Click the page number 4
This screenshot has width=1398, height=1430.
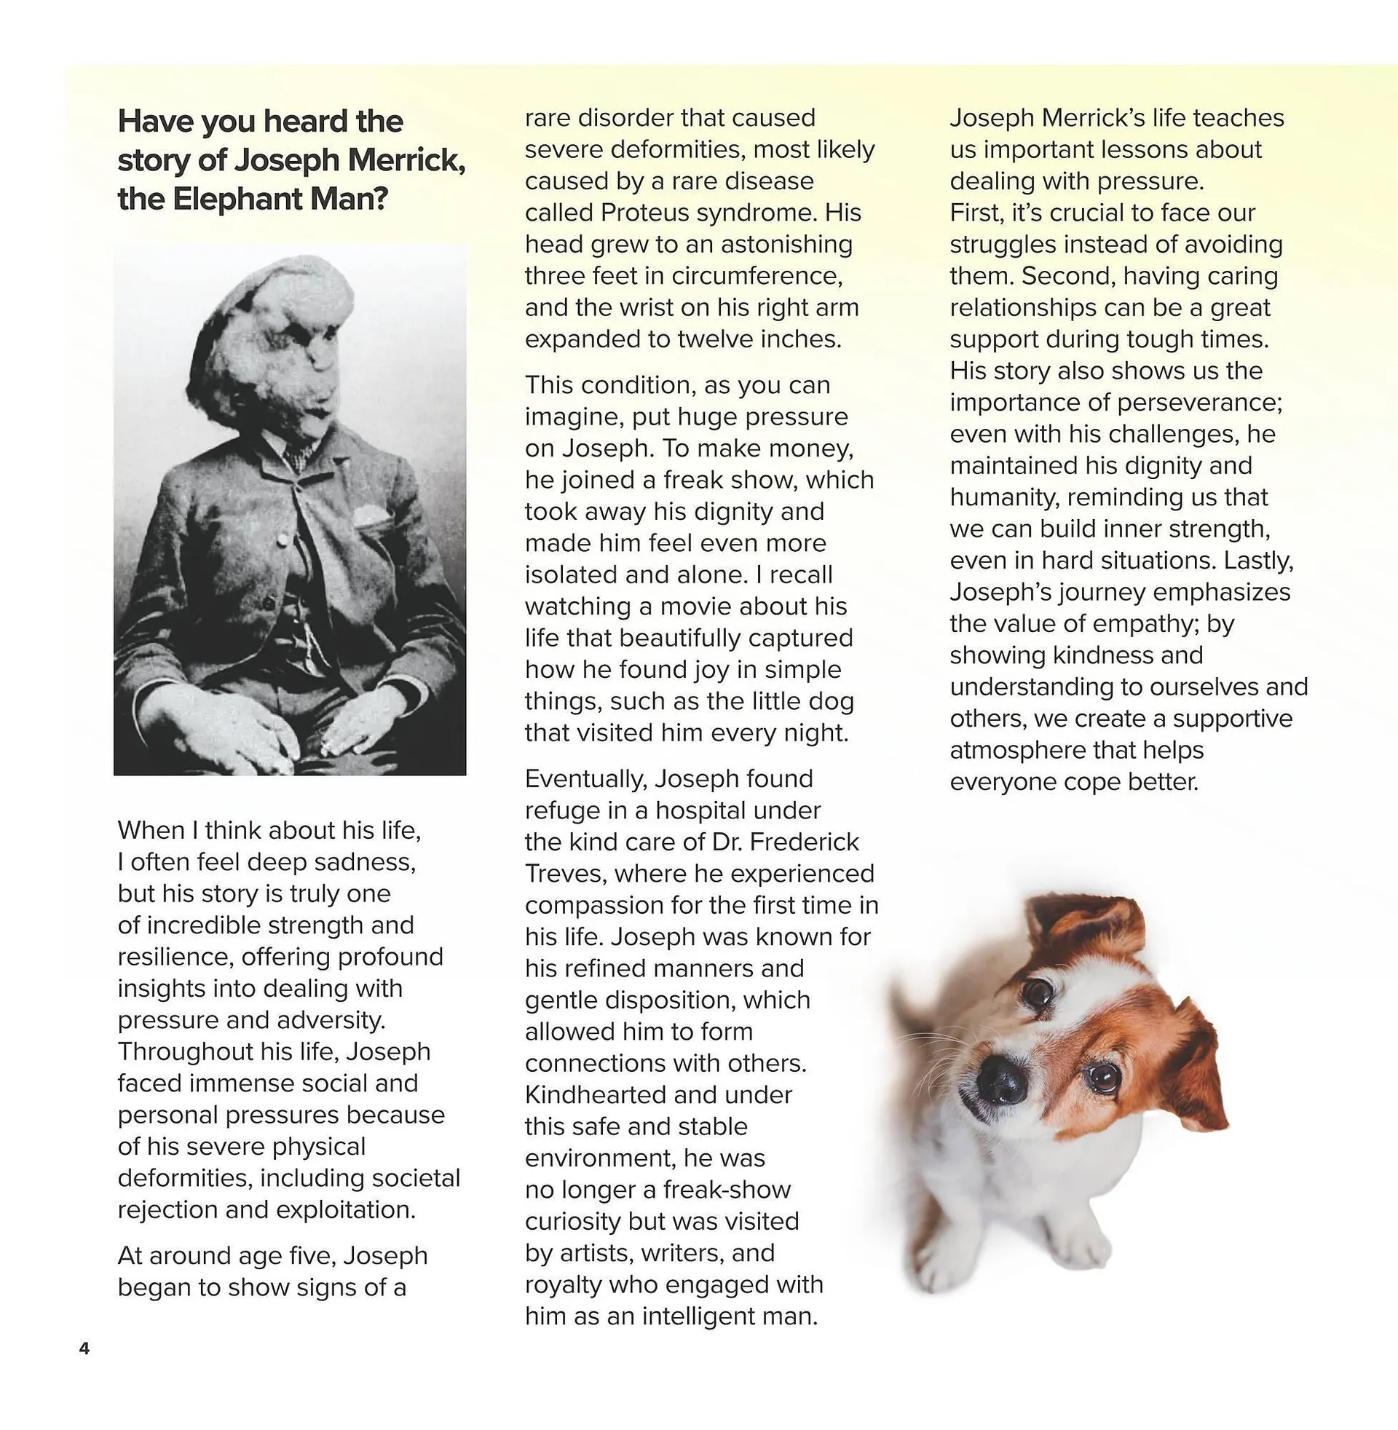click(84, 1348)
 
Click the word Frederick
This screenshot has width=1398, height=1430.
click(804, 842)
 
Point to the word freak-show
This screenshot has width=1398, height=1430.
click(727, 1189)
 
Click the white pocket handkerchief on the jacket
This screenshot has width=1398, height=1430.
click(371, 519)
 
